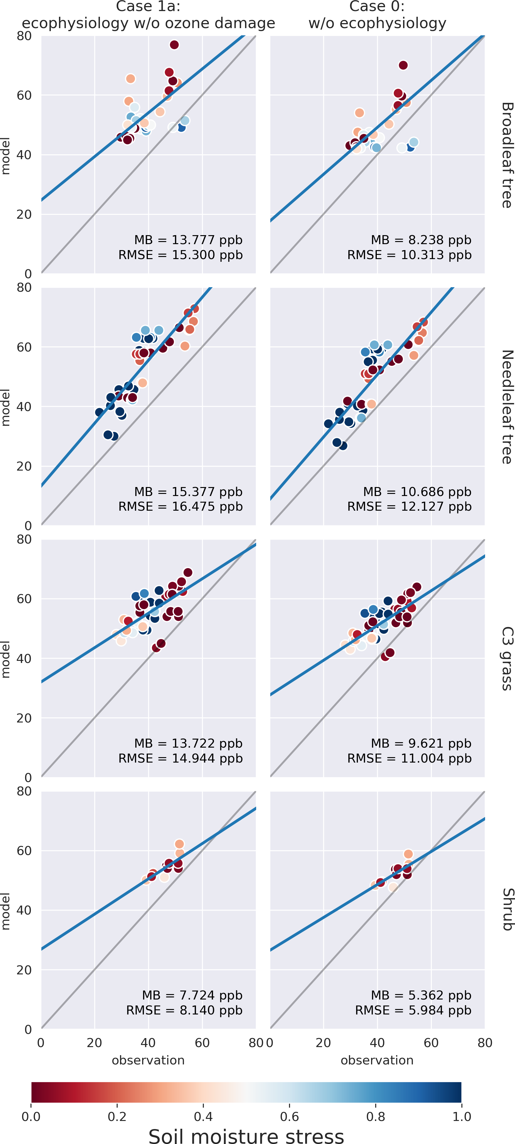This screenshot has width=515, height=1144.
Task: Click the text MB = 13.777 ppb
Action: click(x=189, y=240)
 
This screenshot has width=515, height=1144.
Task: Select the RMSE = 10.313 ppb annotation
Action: click(x=409, y=255)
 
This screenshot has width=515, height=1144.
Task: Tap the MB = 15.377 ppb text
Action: click(x=189, y=492)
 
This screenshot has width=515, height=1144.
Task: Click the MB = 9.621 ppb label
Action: click(x=421, y=743)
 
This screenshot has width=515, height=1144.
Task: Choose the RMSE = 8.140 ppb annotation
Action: click(x=184, y=1010)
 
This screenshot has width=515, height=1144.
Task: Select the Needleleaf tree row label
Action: click(x=507, y=407)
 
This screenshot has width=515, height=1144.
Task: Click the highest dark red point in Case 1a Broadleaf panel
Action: click(x=174, y=45)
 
